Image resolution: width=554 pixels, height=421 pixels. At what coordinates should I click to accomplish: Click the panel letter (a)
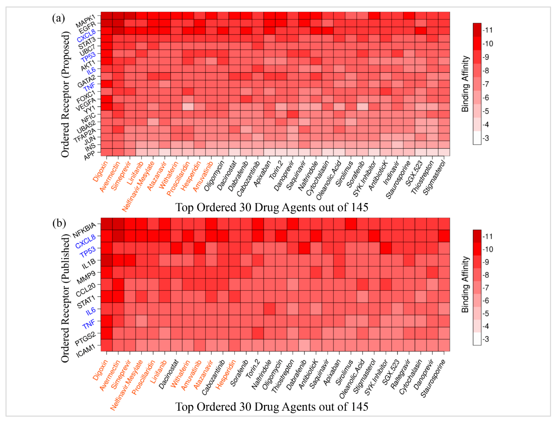(x=58, y=18)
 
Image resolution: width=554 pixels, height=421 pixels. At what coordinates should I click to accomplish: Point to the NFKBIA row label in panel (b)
(x=84, y=230)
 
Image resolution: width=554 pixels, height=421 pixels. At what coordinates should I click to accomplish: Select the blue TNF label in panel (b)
(x=89, y=324)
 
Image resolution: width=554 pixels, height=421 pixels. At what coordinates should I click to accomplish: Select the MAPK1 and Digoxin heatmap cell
(x=107, y=16)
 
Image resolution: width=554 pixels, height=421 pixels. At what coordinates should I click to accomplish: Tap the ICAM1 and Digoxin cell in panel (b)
(x=107, y=345)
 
